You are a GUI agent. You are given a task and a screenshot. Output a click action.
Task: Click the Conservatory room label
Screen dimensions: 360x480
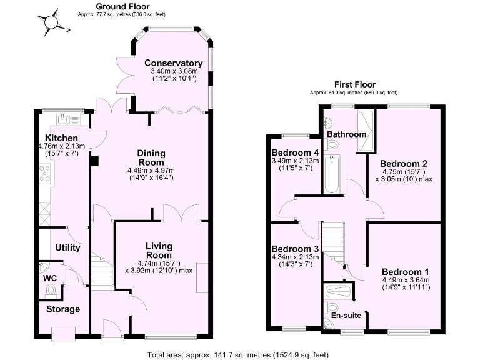(x=173, y=63)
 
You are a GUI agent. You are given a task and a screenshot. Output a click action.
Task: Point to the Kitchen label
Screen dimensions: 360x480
(x=61, y=138)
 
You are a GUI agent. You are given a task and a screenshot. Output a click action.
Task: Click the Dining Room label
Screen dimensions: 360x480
(x=151, y=158)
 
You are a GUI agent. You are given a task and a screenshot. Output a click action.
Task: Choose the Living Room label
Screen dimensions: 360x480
(x=159, y=251)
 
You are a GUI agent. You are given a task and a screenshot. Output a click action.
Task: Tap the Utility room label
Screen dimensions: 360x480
(x=67, y=247)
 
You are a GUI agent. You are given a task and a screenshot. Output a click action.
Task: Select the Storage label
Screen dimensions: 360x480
(x=63, y=309)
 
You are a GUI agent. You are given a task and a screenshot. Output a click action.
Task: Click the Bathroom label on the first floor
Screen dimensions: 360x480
(x=346, y=134)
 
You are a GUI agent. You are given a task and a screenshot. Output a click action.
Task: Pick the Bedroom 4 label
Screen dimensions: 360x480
(x=295, y=152)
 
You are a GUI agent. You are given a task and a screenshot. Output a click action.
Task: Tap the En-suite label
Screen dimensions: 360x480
(x=346, y=316)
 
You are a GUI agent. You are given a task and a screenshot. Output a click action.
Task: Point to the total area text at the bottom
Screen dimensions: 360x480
(x=237, y=355)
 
